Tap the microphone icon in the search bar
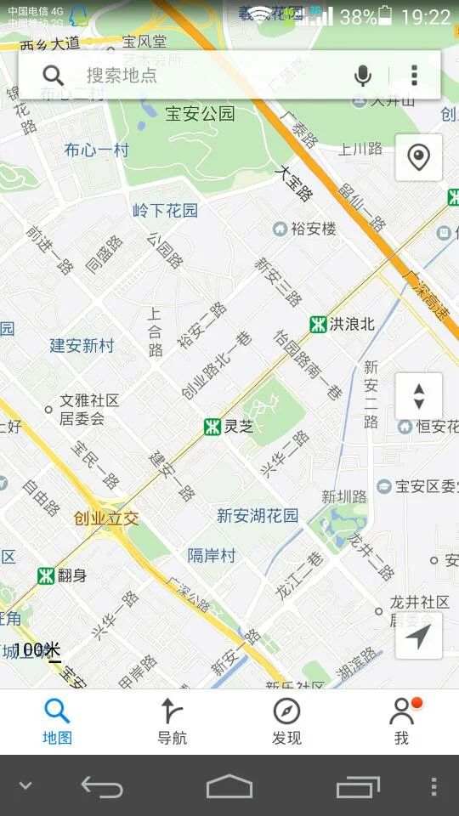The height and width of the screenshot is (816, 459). tap(363, 76)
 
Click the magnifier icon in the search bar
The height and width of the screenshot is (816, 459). tap(54, 76)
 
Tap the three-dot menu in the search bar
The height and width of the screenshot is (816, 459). tap(414, 76)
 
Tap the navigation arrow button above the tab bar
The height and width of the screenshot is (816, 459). tap(418, 636)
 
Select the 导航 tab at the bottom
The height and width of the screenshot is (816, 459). tap(172, 721)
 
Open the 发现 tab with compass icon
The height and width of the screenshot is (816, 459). tap(286, 721)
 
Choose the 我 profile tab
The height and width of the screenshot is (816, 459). tap(402, 721)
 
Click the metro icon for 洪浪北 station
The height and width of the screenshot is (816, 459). tap(319, 324)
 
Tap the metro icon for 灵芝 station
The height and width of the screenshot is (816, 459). tap(212, 427)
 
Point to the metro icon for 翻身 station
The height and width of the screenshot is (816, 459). tap(46, 576)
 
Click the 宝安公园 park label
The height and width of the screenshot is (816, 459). tap(200, 113)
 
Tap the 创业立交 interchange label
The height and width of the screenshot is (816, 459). tap(106, 518)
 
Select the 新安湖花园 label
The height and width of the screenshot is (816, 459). tap(258, 515)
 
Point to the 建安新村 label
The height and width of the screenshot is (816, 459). tap(82, 346)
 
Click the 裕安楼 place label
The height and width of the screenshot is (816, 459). tap(314, 229)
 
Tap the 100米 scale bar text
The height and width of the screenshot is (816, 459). tap(37, 650)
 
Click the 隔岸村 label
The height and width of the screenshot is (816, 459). tap(212, 555)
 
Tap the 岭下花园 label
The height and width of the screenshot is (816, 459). tap(165, 210)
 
